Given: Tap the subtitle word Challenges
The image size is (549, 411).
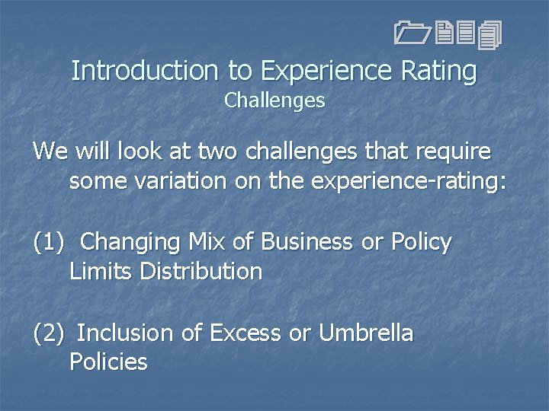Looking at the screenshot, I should pyautogui.click(x=274, y=100).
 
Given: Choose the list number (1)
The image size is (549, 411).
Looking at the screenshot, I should pyautogui.click(x=48, y=242).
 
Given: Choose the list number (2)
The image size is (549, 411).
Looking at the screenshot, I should pyautogui.click(x=48, y=333).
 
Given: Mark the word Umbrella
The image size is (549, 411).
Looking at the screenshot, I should pyautogui.click(x=365, y=333).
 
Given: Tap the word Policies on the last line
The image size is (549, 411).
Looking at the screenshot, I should pyautogui.click(x=108, y=362).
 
